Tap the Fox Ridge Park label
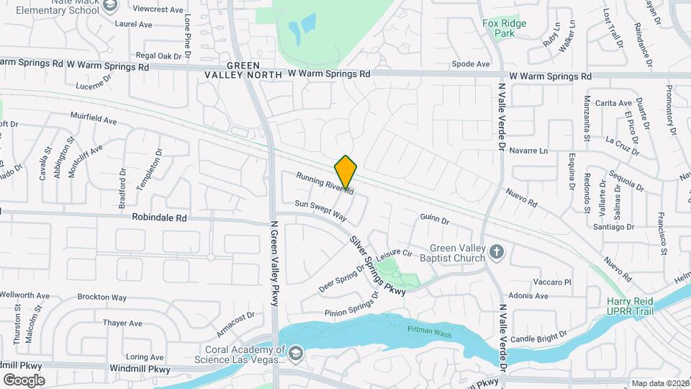pos(504,28)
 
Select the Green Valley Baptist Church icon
pos(496,251)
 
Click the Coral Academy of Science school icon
pos(295,352)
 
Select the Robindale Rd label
pos(159,217)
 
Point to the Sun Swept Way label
pos(321,210)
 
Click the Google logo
pos(24,380)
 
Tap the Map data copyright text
pos(659,383)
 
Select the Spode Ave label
pos(471,64)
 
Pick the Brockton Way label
pos(102,297)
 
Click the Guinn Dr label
pos(435,220)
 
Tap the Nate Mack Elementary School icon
pos(110,6)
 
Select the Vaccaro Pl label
pos(551,282)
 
